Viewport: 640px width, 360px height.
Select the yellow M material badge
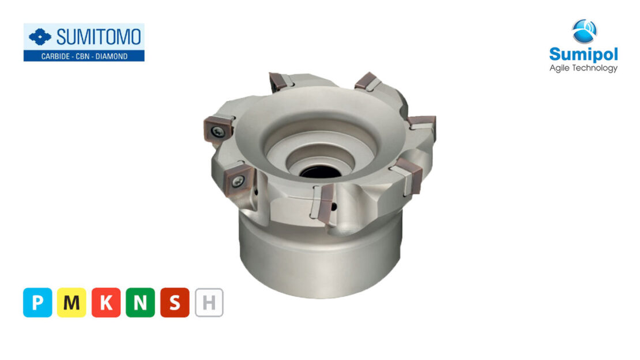(71, 302)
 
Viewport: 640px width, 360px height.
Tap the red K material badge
(106, 302)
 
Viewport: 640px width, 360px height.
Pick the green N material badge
(140, 302)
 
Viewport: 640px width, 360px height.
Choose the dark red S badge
(175, 302)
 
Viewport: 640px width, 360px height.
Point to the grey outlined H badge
(209, 302)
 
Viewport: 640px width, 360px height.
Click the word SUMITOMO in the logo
(99, 37)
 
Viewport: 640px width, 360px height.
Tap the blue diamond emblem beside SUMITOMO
(40, 38)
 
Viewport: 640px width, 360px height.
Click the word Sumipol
(583, 55)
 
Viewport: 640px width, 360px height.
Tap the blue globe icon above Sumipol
(584, 31)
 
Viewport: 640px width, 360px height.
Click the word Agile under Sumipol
(561, 68)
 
